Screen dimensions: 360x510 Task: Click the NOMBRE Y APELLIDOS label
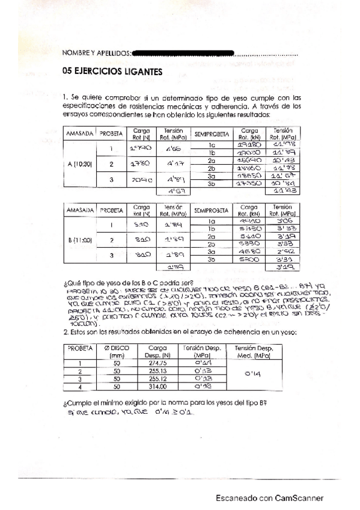coord(96,54)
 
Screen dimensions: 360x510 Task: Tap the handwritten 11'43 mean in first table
coord(282,192)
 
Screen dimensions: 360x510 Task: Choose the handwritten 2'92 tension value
coord(283,253)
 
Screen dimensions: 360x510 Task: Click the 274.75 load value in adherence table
coord(157,363)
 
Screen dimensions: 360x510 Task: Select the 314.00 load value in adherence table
coord(157,387)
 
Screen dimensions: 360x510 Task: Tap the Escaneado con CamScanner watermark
coord(270,498)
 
